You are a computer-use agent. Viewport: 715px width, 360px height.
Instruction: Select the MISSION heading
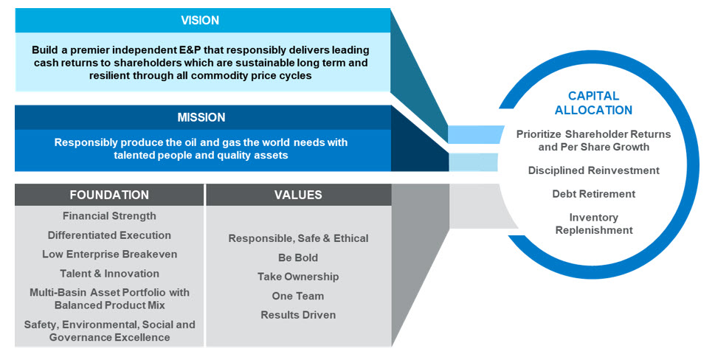coord(201,117)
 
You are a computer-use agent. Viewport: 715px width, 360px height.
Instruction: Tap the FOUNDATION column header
coord(109,195)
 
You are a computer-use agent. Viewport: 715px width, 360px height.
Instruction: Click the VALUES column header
coord(298,195)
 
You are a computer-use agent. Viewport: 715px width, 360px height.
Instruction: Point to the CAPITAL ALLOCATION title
coord(599,103)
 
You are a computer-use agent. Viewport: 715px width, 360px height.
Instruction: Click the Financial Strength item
coord(109,216)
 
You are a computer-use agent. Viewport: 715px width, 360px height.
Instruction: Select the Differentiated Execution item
coord(109,235)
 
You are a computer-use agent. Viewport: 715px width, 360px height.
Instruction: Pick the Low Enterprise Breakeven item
coord(109,255)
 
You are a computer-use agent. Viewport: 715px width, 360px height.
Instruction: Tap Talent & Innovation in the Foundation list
coord(109,274)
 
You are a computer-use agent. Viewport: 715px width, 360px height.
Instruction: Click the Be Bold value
coord(298,257)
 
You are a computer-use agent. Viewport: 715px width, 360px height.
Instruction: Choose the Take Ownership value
coord(298,277)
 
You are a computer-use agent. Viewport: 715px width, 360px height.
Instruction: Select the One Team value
coord(298,296)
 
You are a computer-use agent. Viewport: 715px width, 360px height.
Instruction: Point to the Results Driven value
coord(298,315)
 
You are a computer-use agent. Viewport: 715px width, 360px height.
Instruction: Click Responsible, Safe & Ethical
coord(298,238)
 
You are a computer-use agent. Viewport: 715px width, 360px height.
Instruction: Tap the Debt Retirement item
coord(593,194)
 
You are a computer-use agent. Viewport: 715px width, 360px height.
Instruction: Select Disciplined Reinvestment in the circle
coord(593,170)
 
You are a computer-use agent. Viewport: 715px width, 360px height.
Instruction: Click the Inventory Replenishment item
coord(593,224)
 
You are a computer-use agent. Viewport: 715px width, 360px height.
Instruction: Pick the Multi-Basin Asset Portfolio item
coord(109,298)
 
